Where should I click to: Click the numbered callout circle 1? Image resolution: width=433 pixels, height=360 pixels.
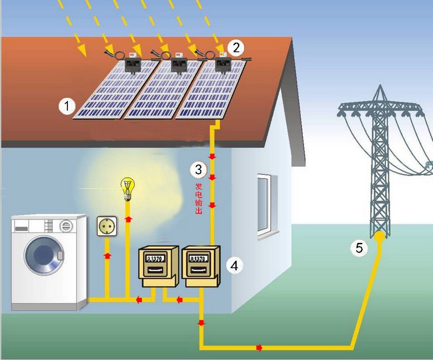click(67, 106)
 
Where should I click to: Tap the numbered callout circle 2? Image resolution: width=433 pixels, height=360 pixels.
click(236, 47)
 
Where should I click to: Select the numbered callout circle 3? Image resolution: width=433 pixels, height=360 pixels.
click(199, 170)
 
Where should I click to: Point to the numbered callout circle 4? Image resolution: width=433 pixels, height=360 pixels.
click(234, 265)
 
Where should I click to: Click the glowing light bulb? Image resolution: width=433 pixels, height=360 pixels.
click(127, 188)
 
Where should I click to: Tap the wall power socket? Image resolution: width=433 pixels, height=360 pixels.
click(107, 225)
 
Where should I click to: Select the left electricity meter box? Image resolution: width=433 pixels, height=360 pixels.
click(156, 266)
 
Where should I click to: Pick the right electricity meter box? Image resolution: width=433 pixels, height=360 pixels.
click(200, 266)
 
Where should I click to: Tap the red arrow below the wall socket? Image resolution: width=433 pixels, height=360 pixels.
click(107, 256)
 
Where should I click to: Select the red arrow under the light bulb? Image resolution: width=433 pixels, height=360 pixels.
click(127, 218)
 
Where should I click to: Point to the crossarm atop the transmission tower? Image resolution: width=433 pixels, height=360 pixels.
click(380, 108)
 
